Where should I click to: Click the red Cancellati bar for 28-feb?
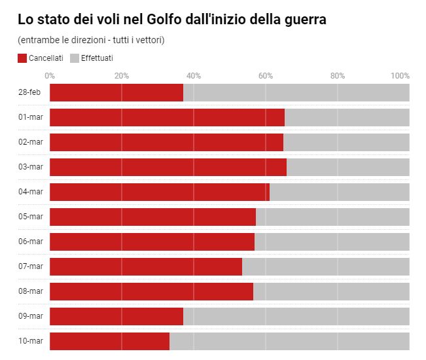coord(116,93)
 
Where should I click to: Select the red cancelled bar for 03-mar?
coord(168,168)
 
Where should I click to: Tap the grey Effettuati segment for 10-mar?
coord(289,342)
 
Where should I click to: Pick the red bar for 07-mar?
coord(146,267)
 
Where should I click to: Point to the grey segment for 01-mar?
coord(347,118)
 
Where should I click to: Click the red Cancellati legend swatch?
coord(22,58)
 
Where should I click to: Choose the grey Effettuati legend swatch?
coord(75,58)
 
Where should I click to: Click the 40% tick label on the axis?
coord(194,76)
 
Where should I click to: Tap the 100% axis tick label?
coord(400,76)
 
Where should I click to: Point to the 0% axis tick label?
coord(50,76)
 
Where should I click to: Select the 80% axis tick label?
coord(338,76)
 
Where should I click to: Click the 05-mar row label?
coord(31,217)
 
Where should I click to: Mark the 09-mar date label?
coord(31,316)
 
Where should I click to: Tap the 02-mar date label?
coord(31,142)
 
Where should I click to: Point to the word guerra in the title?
coord(304,20)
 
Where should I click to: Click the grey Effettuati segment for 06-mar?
coord(332,242)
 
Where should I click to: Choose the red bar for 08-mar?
coord(151,292)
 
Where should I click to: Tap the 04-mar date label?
coord(31,192)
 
